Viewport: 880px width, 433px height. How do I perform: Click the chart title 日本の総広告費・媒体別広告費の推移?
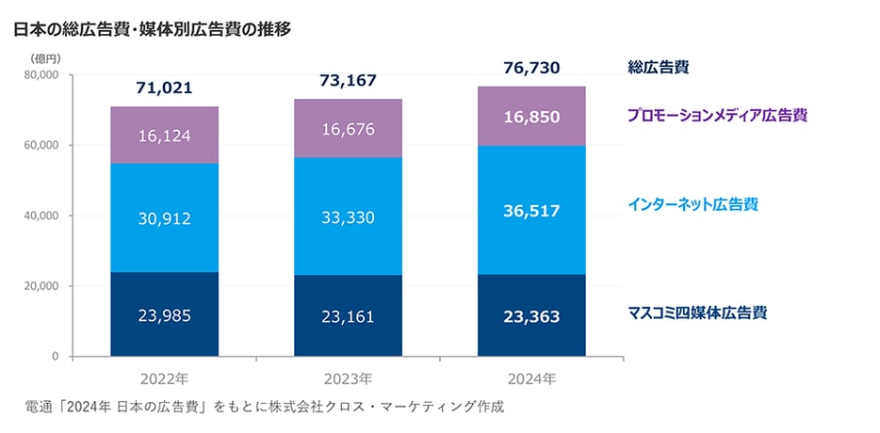pyautogui.click(x=152, y=29)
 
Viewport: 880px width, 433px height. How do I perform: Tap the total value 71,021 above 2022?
pyautogui.click(x=164, y=88)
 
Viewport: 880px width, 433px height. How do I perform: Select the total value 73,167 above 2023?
pyautogui.click(x=348, y=80)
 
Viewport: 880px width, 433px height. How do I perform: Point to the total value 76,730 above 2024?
pyautogui.click(x=531, y=68)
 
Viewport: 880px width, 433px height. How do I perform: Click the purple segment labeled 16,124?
pyautogui.click(x=164, y=136)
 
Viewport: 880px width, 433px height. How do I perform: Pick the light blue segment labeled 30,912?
pyautogui.click(x=164, y=218)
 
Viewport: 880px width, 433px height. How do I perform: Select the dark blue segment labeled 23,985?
pyautogui.click(x=164, y=315)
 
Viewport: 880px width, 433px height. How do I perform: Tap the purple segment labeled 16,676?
pyautogui.click(x=348, y=127)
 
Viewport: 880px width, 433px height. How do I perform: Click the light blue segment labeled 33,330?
pyautogui.click(x=348, y=217)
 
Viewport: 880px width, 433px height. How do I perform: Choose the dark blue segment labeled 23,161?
pyautogui.click(x=348, y=316)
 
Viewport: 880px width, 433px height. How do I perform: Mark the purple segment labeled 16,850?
pyautogui.click(x=531, y=117)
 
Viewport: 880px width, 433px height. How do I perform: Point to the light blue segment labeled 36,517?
pyautogui.click(x=531, y=211)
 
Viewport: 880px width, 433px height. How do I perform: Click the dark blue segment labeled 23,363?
pyautogui.click(x=531, y=316)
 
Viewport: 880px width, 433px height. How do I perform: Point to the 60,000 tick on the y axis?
pyautogui.click(x=41, y=145)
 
